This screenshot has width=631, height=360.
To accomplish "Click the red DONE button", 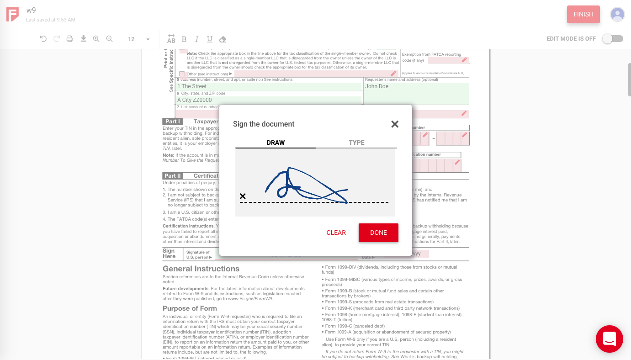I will click(378, 233).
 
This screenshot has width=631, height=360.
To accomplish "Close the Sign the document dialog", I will click(395, 124).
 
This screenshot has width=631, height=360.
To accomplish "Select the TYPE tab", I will click(356, 143).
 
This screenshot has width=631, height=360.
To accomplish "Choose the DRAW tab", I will click(276, 143).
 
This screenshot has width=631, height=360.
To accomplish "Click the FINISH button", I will click(583, 14).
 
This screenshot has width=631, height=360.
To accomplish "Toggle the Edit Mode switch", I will click(612, 39).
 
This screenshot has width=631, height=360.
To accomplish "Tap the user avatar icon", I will click(617, 14).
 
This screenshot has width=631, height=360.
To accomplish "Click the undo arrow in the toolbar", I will click(43, 39).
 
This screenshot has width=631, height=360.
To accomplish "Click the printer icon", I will click(70, 39).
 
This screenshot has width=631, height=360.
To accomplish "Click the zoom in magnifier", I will click(96, 39).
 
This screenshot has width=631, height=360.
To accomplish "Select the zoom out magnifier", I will click(110, 39).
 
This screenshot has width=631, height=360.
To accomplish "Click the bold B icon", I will click(184, 39).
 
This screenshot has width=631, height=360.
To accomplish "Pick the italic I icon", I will click(197, 39).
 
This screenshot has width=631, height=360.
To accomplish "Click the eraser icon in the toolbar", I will click(223, 39).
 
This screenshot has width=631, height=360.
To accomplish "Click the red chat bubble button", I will click(609, 339).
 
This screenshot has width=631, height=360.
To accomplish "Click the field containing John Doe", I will click(416, 93).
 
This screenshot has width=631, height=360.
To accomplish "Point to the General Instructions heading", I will click(201, 269).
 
